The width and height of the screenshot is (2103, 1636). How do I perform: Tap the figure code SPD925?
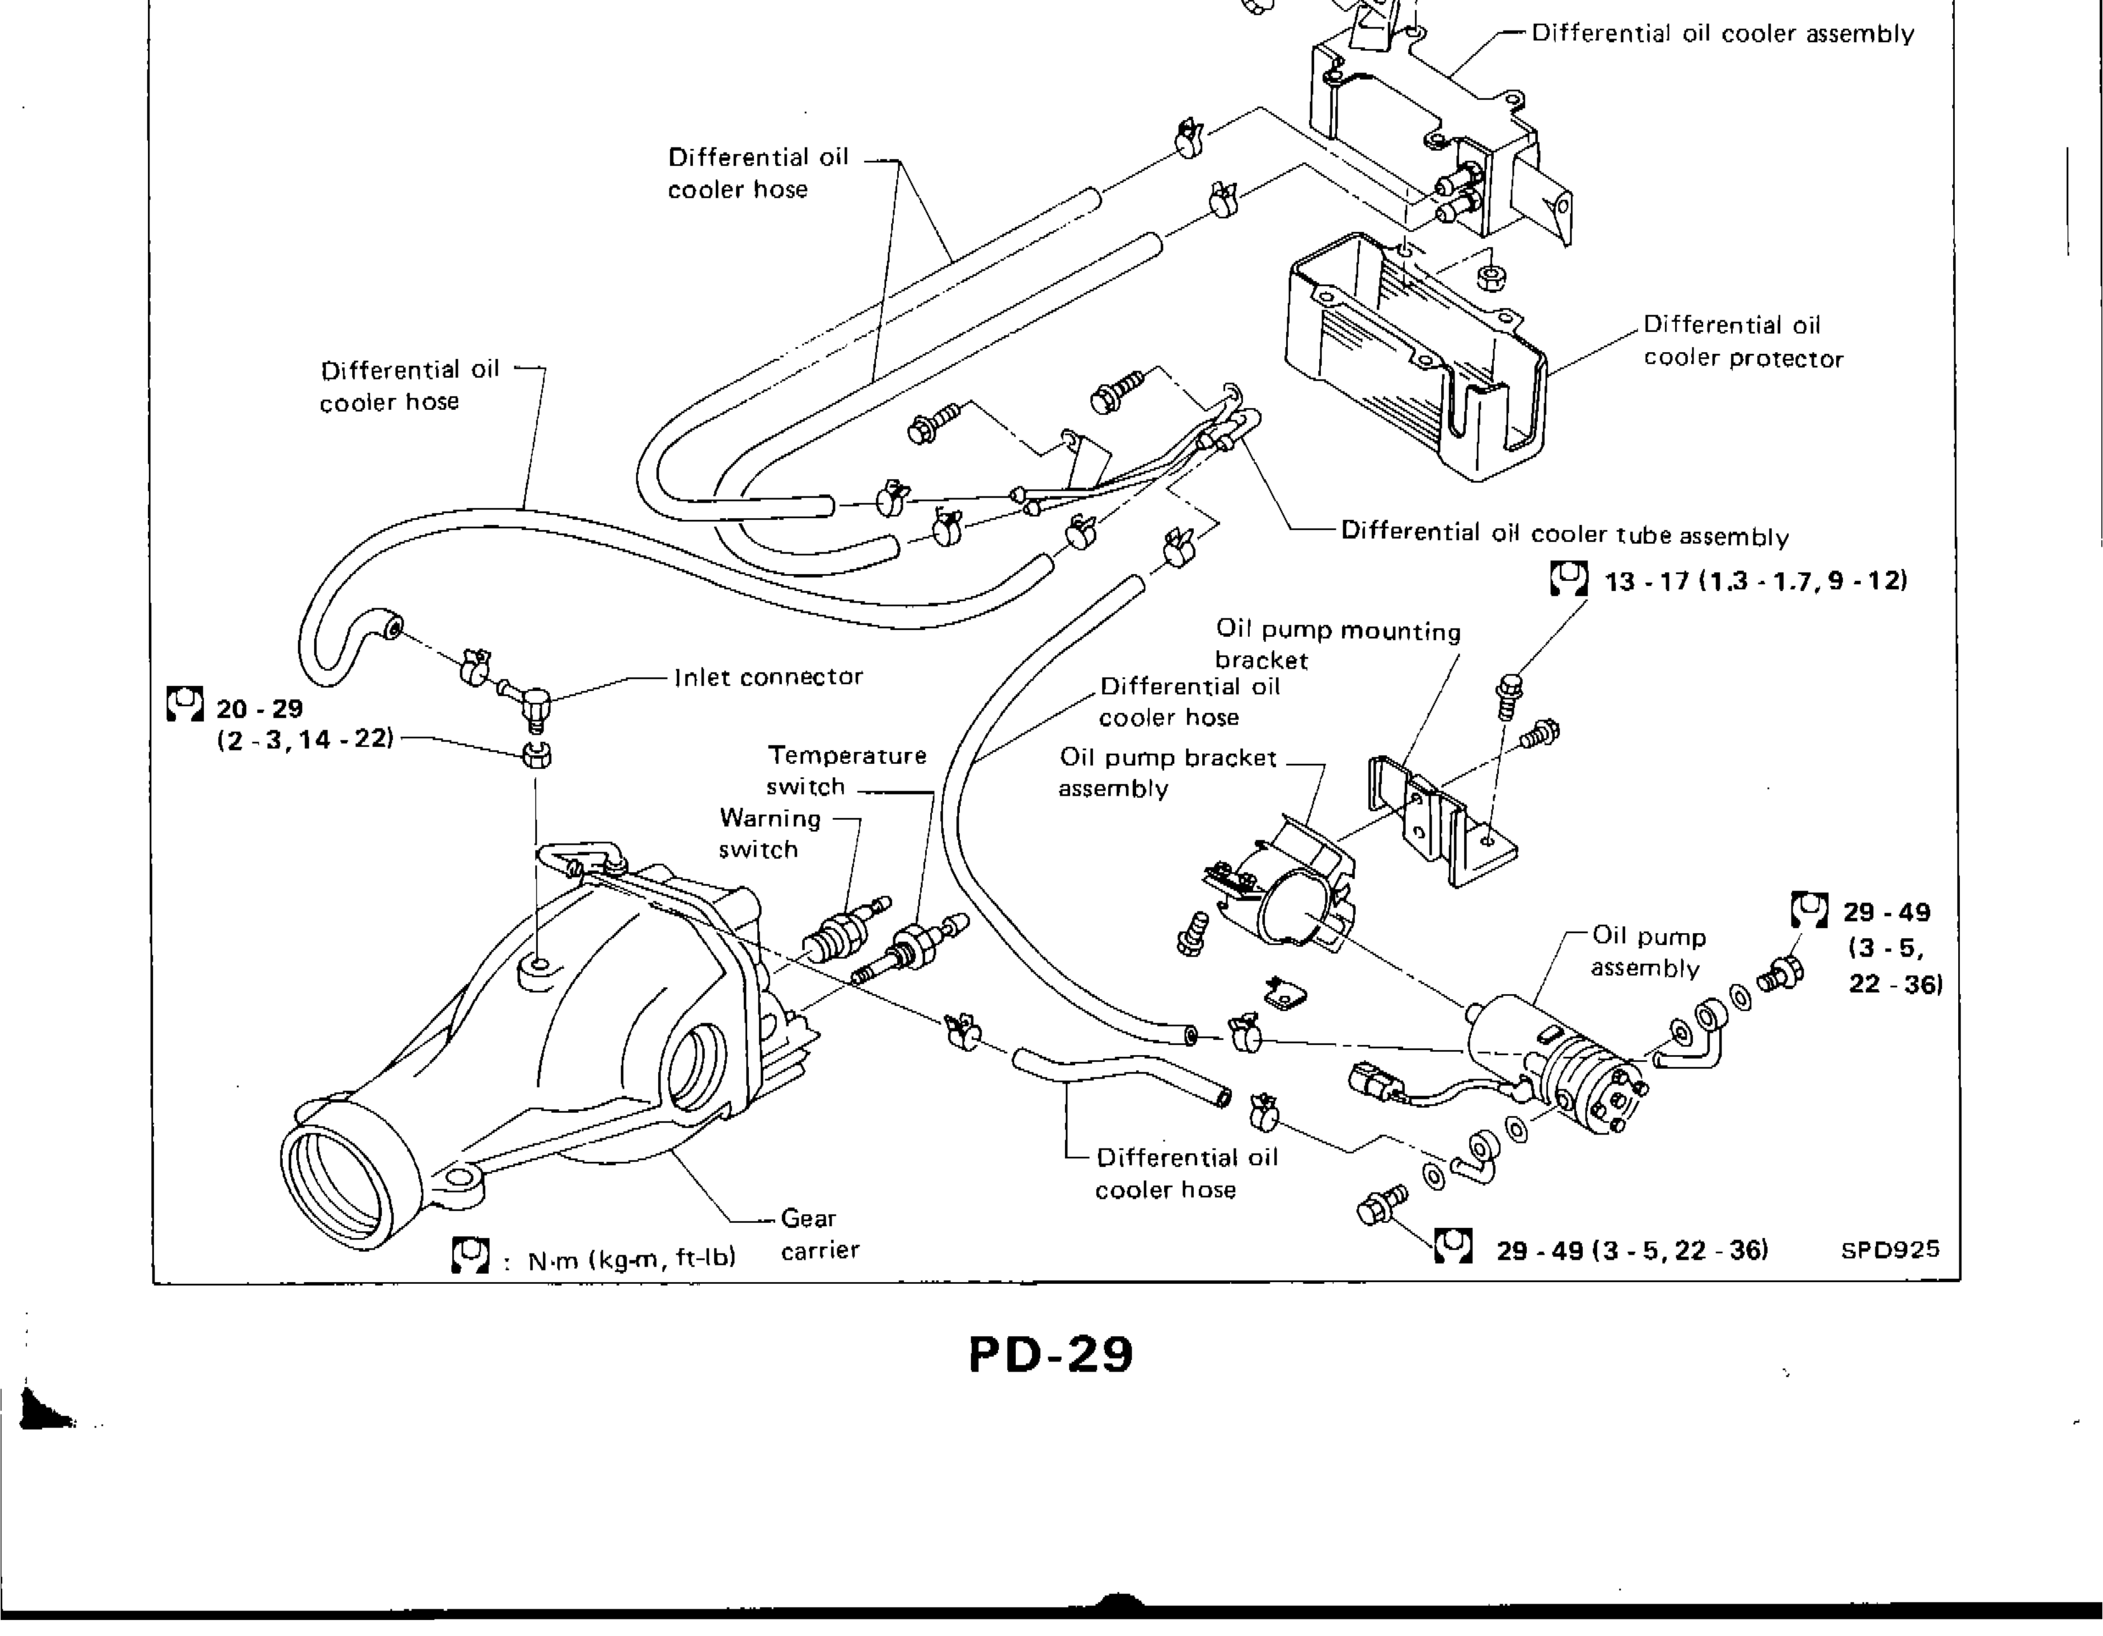click(x=1889, y=1250)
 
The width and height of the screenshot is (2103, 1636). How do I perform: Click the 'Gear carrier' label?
click(x=818, y=1234)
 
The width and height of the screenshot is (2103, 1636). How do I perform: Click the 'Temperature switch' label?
click(x=846, y=770)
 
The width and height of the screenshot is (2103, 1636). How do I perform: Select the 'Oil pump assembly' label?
click(x=1648, y=951)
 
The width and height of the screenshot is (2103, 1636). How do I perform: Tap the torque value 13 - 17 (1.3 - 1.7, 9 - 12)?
click(x=1755, y=581)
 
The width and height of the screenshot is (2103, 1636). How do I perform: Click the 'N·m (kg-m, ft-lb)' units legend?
click(x=631, y=1258)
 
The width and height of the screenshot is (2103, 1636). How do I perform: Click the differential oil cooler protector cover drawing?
click(x=1416, y=366)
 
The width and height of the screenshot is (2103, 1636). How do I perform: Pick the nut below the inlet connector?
click(x=537, y=754)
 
